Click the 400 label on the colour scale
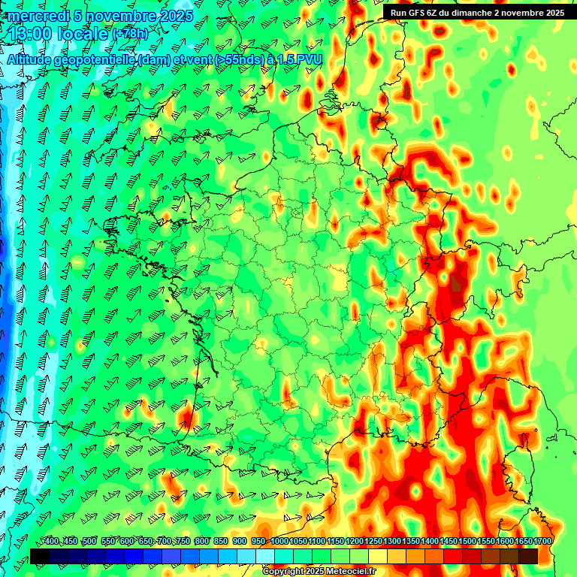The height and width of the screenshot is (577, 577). (51, 541)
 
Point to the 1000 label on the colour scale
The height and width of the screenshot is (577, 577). (279, 541)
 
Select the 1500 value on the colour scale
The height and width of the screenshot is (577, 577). (467, 541)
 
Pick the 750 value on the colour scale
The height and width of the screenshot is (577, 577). (183, 541)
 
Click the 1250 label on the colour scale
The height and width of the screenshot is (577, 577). (373, 541)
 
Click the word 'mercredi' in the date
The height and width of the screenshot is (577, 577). (36, 15)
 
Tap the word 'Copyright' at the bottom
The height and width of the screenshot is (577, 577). (282, 572)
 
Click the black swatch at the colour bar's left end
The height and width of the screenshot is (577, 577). (40, 556)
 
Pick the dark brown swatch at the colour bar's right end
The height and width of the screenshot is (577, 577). (528, 556)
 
